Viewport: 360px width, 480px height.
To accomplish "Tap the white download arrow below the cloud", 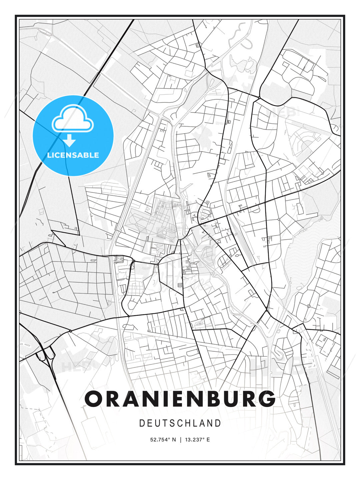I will (70, 141).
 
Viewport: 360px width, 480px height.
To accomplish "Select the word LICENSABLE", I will (73, 155).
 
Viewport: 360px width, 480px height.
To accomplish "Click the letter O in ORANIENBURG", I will (95, 399).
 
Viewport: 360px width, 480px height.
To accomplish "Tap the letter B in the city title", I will (207, 399).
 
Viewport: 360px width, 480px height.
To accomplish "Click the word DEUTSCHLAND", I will (180, 423).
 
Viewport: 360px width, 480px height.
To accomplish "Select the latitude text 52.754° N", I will (163, 440).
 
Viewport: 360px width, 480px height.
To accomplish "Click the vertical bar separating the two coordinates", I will (180, 440).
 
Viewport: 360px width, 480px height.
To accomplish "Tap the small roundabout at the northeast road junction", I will (259, 97).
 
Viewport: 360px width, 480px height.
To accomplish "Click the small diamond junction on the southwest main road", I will (70, 331).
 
